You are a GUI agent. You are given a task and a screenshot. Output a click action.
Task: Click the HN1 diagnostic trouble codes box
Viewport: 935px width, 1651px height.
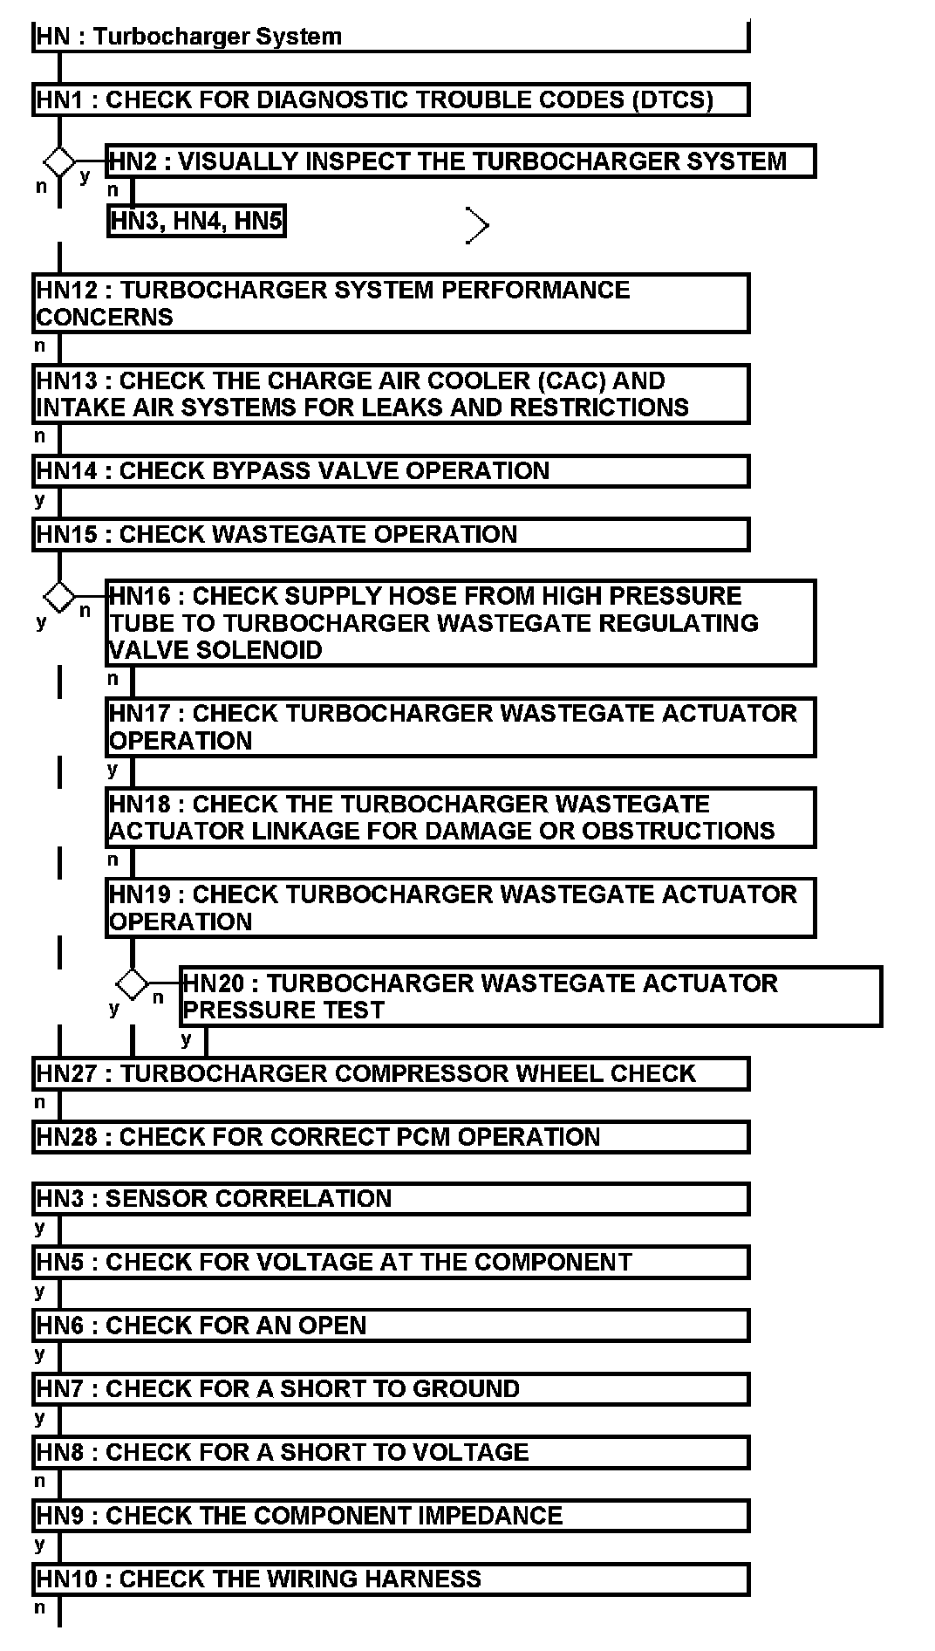(x=391, y=99)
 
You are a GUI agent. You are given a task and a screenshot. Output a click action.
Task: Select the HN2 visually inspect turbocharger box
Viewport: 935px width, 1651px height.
(x=461, y=161)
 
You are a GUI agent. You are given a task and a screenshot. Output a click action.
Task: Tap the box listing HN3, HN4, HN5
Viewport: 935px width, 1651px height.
(x=196, y=221)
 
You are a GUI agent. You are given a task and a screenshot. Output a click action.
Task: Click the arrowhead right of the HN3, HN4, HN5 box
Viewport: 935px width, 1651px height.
(x=477, y=226)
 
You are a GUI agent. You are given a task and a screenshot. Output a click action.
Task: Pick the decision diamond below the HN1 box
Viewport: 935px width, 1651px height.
(x=59, y=161)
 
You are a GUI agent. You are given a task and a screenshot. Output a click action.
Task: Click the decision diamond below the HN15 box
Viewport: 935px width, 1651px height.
(x=59, y=597)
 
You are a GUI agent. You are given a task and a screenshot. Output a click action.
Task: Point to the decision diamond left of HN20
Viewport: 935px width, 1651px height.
(x=133, y=984)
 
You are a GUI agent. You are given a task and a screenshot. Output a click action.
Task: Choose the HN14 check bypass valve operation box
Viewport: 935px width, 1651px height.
(x=391, y=471)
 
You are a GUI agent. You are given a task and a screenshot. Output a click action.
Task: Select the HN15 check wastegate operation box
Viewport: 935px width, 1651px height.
(x=391, y=534)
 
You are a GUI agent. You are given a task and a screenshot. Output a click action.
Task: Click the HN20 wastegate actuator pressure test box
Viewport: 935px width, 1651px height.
(x=530, y=997)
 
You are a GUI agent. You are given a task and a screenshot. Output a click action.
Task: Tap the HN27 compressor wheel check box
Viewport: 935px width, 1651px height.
(x=391, y=1073)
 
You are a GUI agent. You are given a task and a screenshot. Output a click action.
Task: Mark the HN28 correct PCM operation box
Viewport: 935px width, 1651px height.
(x=391, y=1137)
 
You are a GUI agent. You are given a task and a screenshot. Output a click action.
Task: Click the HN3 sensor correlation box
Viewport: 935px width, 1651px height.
(x=391, y=1199)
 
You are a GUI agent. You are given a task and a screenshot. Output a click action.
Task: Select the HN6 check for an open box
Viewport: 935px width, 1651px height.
(x=391, y=1326)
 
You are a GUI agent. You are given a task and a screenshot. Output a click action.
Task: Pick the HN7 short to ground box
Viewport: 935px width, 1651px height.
(x=391, y=1388)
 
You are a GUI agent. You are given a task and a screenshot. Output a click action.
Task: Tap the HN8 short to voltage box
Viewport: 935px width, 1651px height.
(x=391, y=1452)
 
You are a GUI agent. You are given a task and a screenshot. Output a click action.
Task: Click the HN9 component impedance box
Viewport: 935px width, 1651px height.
(x=391, y=1516)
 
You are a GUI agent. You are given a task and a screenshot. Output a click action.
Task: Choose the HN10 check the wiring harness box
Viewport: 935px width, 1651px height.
(x=391, y=1579)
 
